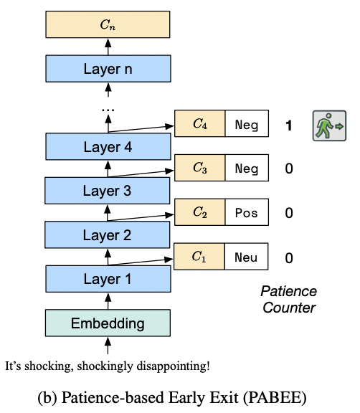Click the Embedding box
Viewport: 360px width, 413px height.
(108, 323)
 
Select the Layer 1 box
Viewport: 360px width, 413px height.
(108, 279)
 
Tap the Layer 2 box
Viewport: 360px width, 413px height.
(107, 234)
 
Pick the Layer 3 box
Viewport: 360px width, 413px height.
(107, 191)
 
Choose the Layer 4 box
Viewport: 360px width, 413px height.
(108, 146)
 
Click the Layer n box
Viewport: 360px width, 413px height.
(108, 69)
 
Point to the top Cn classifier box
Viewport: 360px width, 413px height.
(108, 24)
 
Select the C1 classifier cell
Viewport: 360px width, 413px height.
(199, 256)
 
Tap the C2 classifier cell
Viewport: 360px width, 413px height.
(200, 212)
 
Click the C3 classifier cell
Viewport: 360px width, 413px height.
(200, 168)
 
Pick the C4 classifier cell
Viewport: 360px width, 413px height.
(200, 123)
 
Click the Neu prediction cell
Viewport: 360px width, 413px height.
(246, 256)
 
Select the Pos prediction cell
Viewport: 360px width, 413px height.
(247, 212)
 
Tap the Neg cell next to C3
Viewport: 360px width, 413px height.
(247, 168)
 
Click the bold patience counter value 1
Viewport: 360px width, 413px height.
(289, 125)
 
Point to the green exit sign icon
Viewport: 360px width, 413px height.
(329, 125)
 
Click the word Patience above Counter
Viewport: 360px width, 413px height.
(289, 291)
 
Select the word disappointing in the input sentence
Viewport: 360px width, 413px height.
(173, 366)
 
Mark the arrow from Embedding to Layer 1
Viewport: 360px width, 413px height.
(108, 301)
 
